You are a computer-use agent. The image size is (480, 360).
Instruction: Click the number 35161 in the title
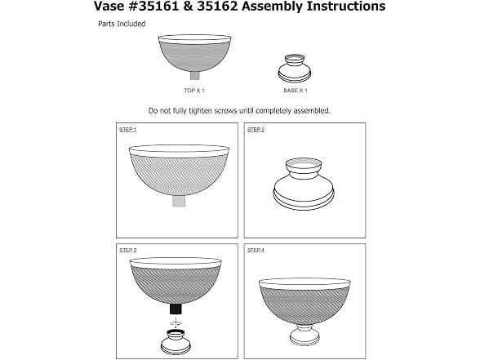click(158, 7)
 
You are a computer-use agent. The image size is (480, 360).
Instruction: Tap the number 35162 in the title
click(217, 7)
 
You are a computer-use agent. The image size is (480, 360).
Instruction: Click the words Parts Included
click(122, 24)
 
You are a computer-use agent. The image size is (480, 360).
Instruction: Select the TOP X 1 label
click(194, 91)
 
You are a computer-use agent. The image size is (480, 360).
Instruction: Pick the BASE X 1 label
click(296, 91)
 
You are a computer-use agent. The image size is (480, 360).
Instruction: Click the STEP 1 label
click(128, 130)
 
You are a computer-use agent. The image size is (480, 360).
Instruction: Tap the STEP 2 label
click(256, 130)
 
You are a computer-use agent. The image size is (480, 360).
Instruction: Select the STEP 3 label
click(128, 250)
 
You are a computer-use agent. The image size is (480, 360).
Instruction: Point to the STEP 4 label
click(256, 250)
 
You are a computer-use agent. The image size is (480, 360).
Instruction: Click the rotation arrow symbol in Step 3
click(176, 322)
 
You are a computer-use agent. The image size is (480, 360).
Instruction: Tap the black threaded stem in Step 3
click(176, 309)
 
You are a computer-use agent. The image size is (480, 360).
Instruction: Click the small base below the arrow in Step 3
click(176, 342)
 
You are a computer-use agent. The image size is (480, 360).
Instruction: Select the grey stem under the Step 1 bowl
click(179, 201)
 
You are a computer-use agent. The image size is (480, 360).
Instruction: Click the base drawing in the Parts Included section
click(295, 69)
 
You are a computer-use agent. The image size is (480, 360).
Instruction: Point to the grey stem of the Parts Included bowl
click(194, 75)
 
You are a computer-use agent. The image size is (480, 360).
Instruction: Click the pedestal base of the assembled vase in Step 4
click(304, 336)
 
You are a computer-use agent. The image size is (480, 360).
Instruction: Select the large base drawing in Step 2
click(304, 184)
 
